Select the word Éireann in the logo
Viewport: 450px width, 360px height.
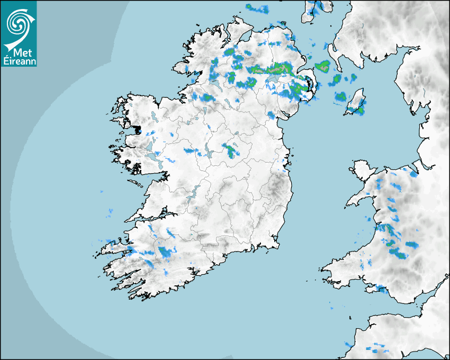coord(19,61)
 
